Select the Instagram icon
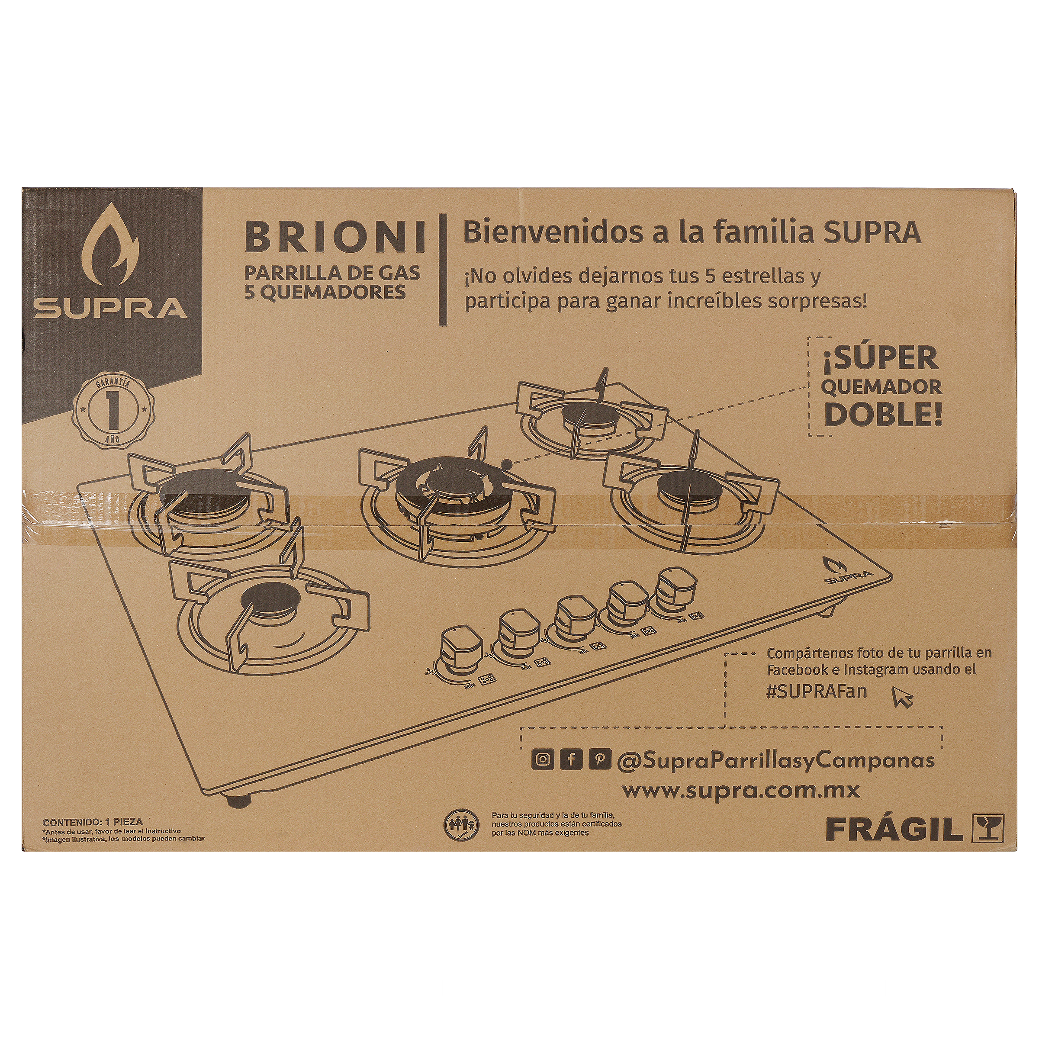543,759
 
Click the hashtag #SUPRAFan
816,691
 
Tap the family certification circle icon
461,825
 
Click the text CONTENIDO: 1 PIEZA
93,822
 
